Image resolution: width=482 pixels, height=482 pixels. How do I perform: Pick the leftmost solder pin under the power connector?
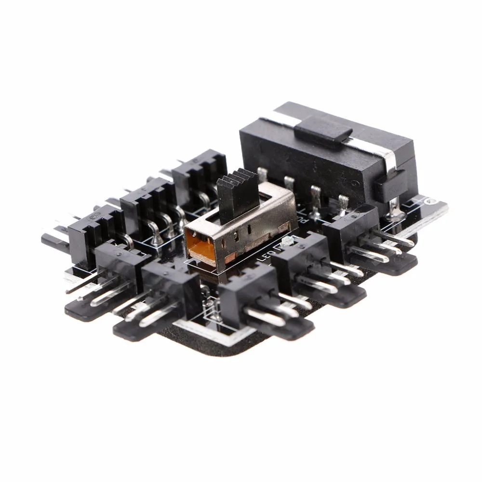[263, 176]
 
